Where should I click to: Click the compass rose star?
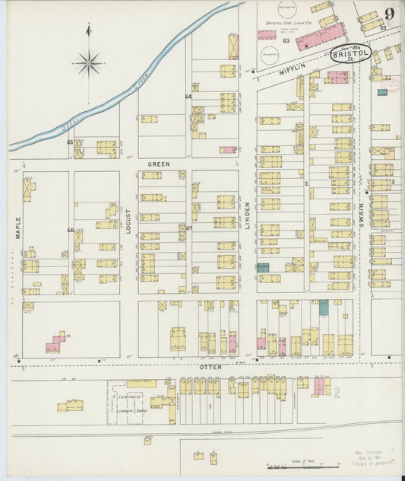(x=89, y=62)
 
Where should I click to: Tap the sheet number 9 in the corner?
(x=388, y=14)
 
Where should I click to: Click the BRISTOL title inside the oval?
(x=350, y=54)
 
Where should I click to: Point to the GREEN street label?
(x=158, y=164)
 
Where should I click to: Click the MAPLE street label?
(x=17, y=228)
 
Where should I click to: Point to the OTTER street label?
(x=210, y=367)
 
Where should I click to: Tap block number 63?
(x=286, y=40)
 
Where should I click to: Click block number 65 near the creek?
(x=69, y=142)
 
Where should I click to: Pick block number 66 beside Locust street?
(x=70, y=230)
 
